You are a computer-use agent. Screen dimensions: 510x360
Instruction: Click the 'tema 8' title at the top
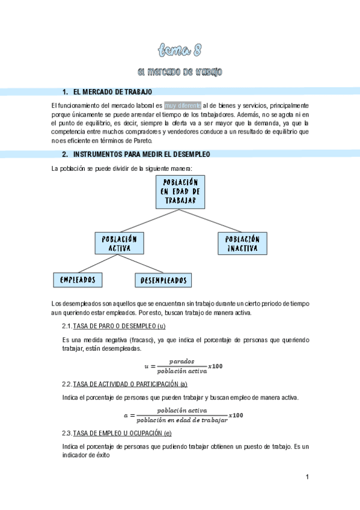coord(180,49)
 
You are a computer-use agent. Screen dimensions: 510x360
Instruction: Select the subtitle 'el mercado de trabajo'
coord(180,72)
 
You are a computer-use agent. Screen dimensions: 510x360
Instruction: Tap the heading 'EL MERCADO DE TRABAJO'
coord(112,91)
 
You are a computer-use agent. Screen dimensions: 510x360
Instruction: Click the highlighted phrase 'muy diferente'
coord(183,105)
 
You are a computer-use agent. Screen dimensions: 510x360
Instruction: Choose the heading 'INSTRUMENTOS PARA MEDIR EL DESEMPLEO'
coord(141,155)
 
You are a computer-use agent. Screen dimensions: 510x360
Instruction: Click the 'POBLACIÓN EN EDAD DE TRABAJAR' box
coord(180,191)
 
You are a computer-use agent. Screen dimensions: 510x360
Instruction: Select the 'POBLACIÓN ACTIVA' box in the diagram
coord(120,243)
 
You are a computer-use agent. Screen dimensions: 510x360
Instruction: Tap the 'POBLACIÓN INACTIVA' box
coord(242,243)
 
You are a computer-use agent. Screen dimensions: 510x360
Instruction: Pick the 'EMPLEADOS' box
coord(78,280)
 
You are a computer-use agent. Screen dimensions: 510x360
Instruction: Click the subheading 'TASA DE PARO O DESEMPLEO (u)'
coord(119,326)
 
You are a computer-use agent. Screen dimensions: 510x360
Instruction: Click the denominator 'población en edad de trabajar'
coord(182,420)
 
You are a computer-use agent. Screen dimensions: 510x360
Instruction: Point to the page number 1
coord(307,478)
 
